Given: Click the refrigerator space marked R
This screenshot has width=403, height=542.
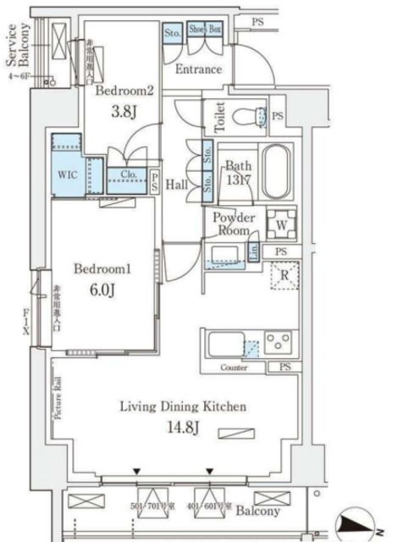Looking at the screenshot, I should click(284, 274).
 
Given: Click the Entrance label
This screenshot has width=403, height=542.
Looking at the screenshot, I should click(198, 69).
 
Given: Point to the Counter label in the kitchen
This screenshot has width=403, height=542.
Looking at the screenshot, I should click(234, 368).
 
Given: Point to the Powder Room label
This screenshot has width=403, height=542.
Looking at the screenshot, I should click(231, 224).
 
